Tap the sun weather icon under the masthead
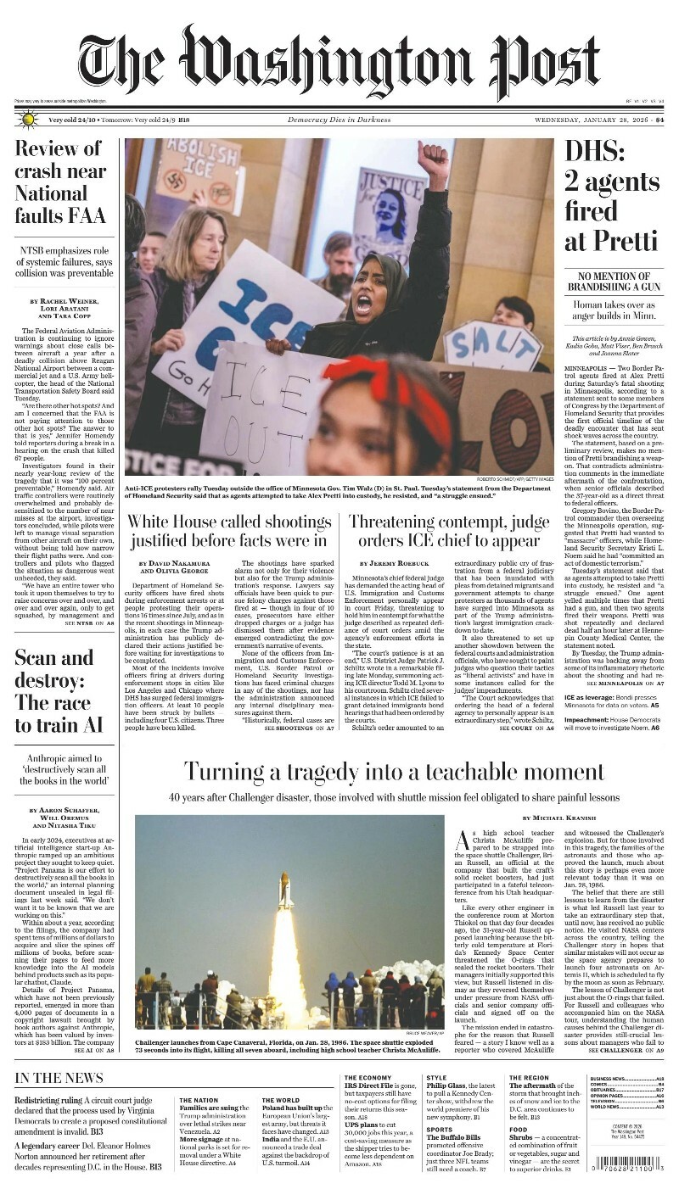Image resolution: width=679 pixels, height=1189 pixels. [x=26, y=120]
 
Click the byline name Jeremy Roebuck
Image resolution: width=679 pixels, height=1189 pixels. [x=395, y=563]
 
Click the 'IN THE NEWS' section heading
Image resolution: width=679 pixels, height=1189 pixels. [x=59, y=1078]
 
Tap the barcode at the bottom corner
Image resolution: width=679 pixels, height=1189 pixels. [x=627, y=1159]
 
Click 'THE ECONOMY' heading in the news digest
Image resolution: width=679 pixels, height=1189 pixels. [x=368, y=1078]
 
